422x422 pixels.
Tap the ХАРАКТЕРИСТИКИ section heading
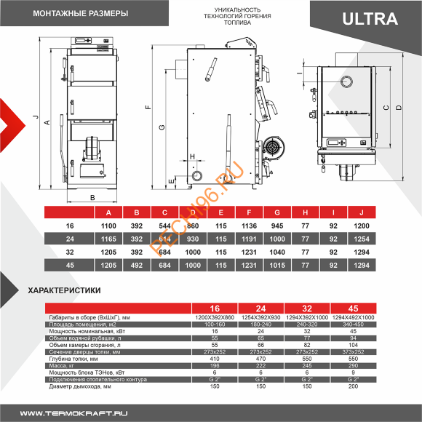pyautogui.click(x=63, y=290)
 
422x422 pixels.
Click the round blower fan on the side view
pyautogui.click(x=274, y=147)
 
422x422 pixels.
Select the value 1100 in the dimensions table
pyautogui.click(x=109, y=226)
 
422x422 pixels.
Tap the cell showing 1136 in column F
pyautogui.click(x=249, y=226)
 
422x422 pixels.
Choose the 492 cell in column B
pyautogui.click(x=137, y=266)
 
